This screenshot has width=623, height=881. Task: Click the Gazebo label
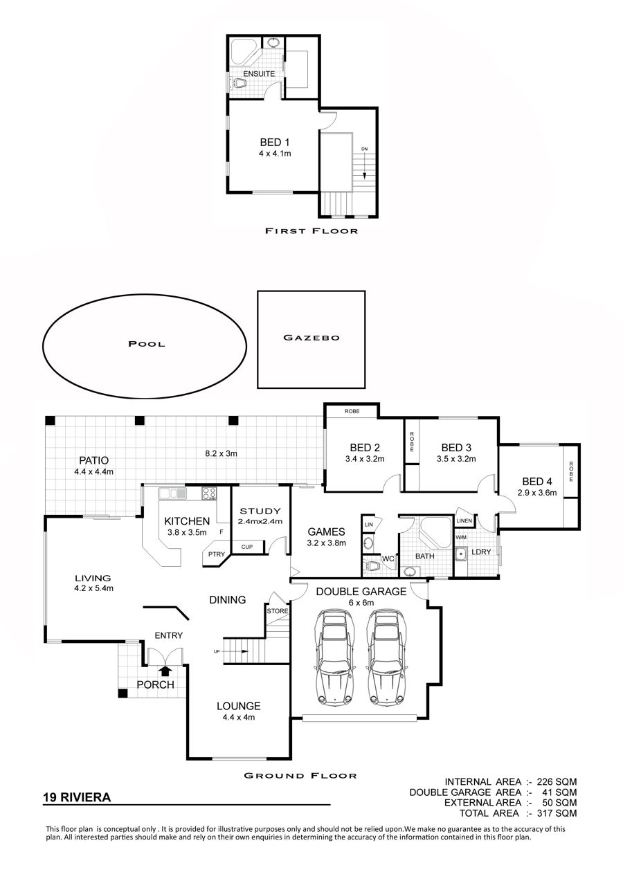click(311, 338)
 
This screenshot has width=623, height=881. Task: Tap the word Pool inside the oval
click(147, 344)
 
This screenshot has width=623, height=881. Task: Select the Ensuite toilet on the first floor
click(238, 83)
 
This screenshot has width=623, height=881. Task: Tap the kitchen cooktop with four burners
click(209, 493)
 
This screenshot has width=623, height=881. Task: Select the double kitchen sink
click(172, 493)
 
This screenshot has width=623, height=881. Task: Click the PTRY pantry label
click(216, 554)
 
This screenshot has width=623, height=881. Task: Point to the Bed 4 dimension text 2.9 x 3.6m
click(537, 493)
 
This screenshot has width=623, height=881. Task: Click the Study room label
click(260, 511)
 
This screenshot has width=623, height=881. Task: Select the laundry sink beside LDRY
click(460, 554)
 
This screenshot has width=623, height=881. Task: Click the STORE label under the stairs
click(278, 611)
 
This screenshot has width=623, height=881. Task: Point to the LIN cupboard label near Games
click(368, 525)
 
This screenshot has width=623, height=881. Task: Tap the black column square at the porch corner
click(123, 693)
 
